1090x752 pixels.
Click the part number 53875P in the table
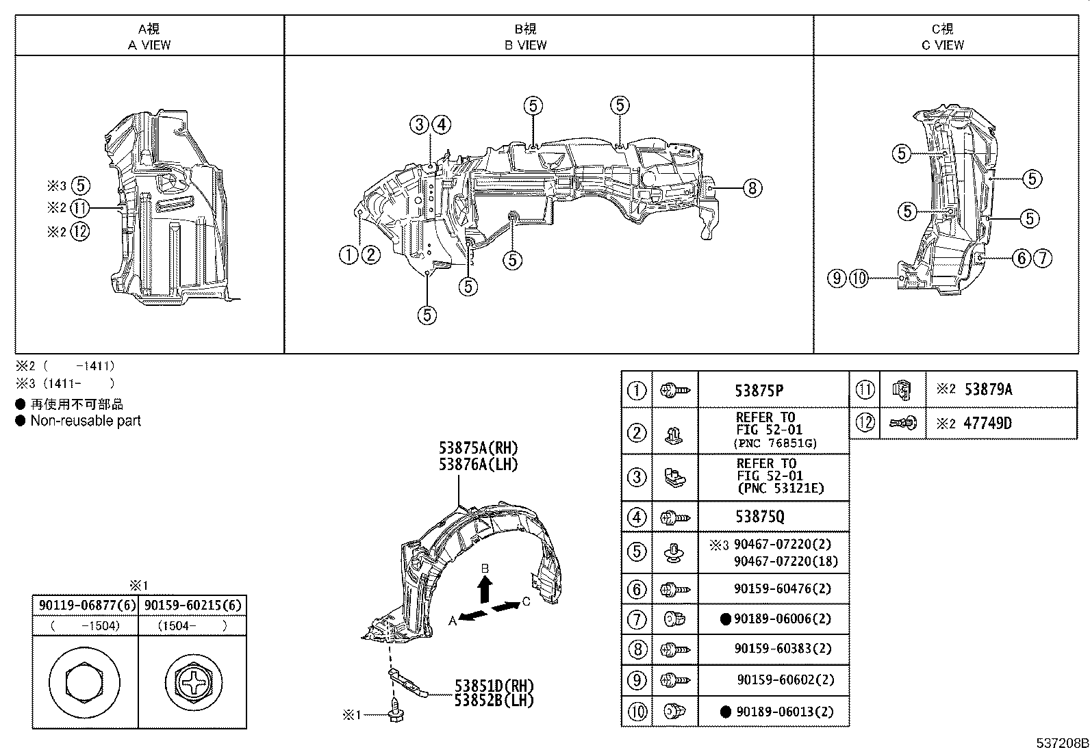[759, 391]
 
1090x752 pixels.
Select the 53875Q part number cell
[759, 517]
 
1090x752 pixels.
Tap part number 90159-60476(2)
[772, 588]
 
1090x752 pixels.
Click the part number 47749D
[987, 423]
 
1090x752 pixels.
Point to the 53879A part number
[987, 389]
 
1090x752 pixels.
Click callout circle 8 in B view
[752, 187]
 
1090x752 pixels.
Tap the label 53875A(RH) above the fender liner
[479, 448]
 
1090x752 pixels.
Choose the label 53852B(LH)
[493, 700]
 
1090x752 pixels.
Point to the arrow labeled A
[473, 615]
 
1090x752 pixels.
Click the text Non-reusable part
[85, 421]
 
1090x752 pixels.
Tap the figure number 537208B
[1061, 743]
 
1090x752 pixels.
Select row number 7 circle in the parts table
[637, 619]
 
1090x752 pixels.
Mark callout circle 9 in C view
[837, 278]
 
